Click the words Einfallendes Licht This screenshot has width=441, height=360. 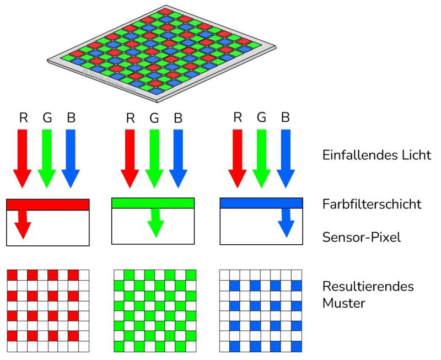[x=377, y=155]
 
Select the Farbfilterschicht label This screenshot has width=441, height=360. [x=372, y=205]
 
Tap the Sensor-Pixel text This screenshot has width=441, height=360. [x=361, y=238]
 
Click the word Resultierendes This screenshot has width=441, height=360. [x=368, y=287]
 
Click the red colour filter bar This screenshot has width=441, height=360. [x=47, y=205]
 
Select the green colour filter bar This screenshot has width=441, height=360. [x=153, y=203]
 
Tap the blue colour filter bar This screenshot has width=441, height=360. [x=261, y=203]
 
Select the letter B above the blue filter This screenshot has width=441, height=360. [x=285, y=117]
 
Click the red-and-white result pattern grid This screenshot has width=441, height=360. [x=47, y=311]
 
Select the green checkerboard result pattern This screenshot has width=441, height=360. [x=155, y=311]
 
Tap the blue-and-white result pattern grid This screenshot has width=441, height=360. [x=261, y=311]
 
